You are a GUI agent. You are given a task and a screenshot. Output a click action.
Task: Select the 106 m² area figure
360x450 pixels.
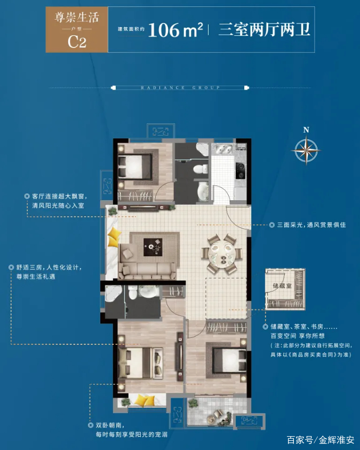[x=175, y=30]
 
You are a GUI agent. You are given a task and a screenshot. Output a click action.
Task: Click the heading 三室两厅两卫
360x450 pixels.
[x=265, y=29]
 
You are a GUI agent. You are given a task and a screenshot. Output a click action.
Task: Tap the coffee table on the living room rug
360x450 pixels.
[x=155, y=246]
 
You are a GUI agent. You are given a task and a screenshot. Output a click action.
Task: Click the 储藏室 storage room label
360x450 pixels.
[x=279, y=286]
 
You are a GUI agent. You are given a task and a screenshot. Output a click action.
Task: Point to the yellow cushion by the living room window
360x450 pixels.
[x=113, y=238]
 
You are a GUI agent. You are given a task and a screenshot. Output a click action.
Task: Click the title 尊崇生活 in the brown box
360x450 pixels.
[x=77, y=18]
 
